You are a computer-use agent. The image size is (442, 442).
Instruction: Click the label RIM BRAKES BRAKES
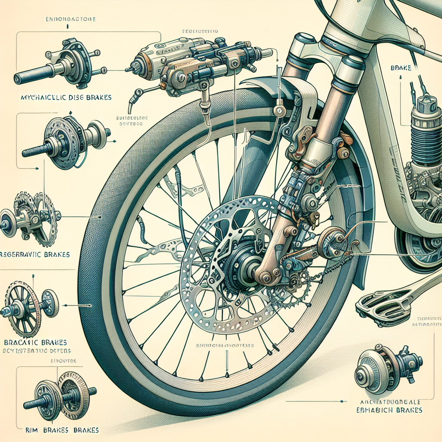[61, 430]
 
